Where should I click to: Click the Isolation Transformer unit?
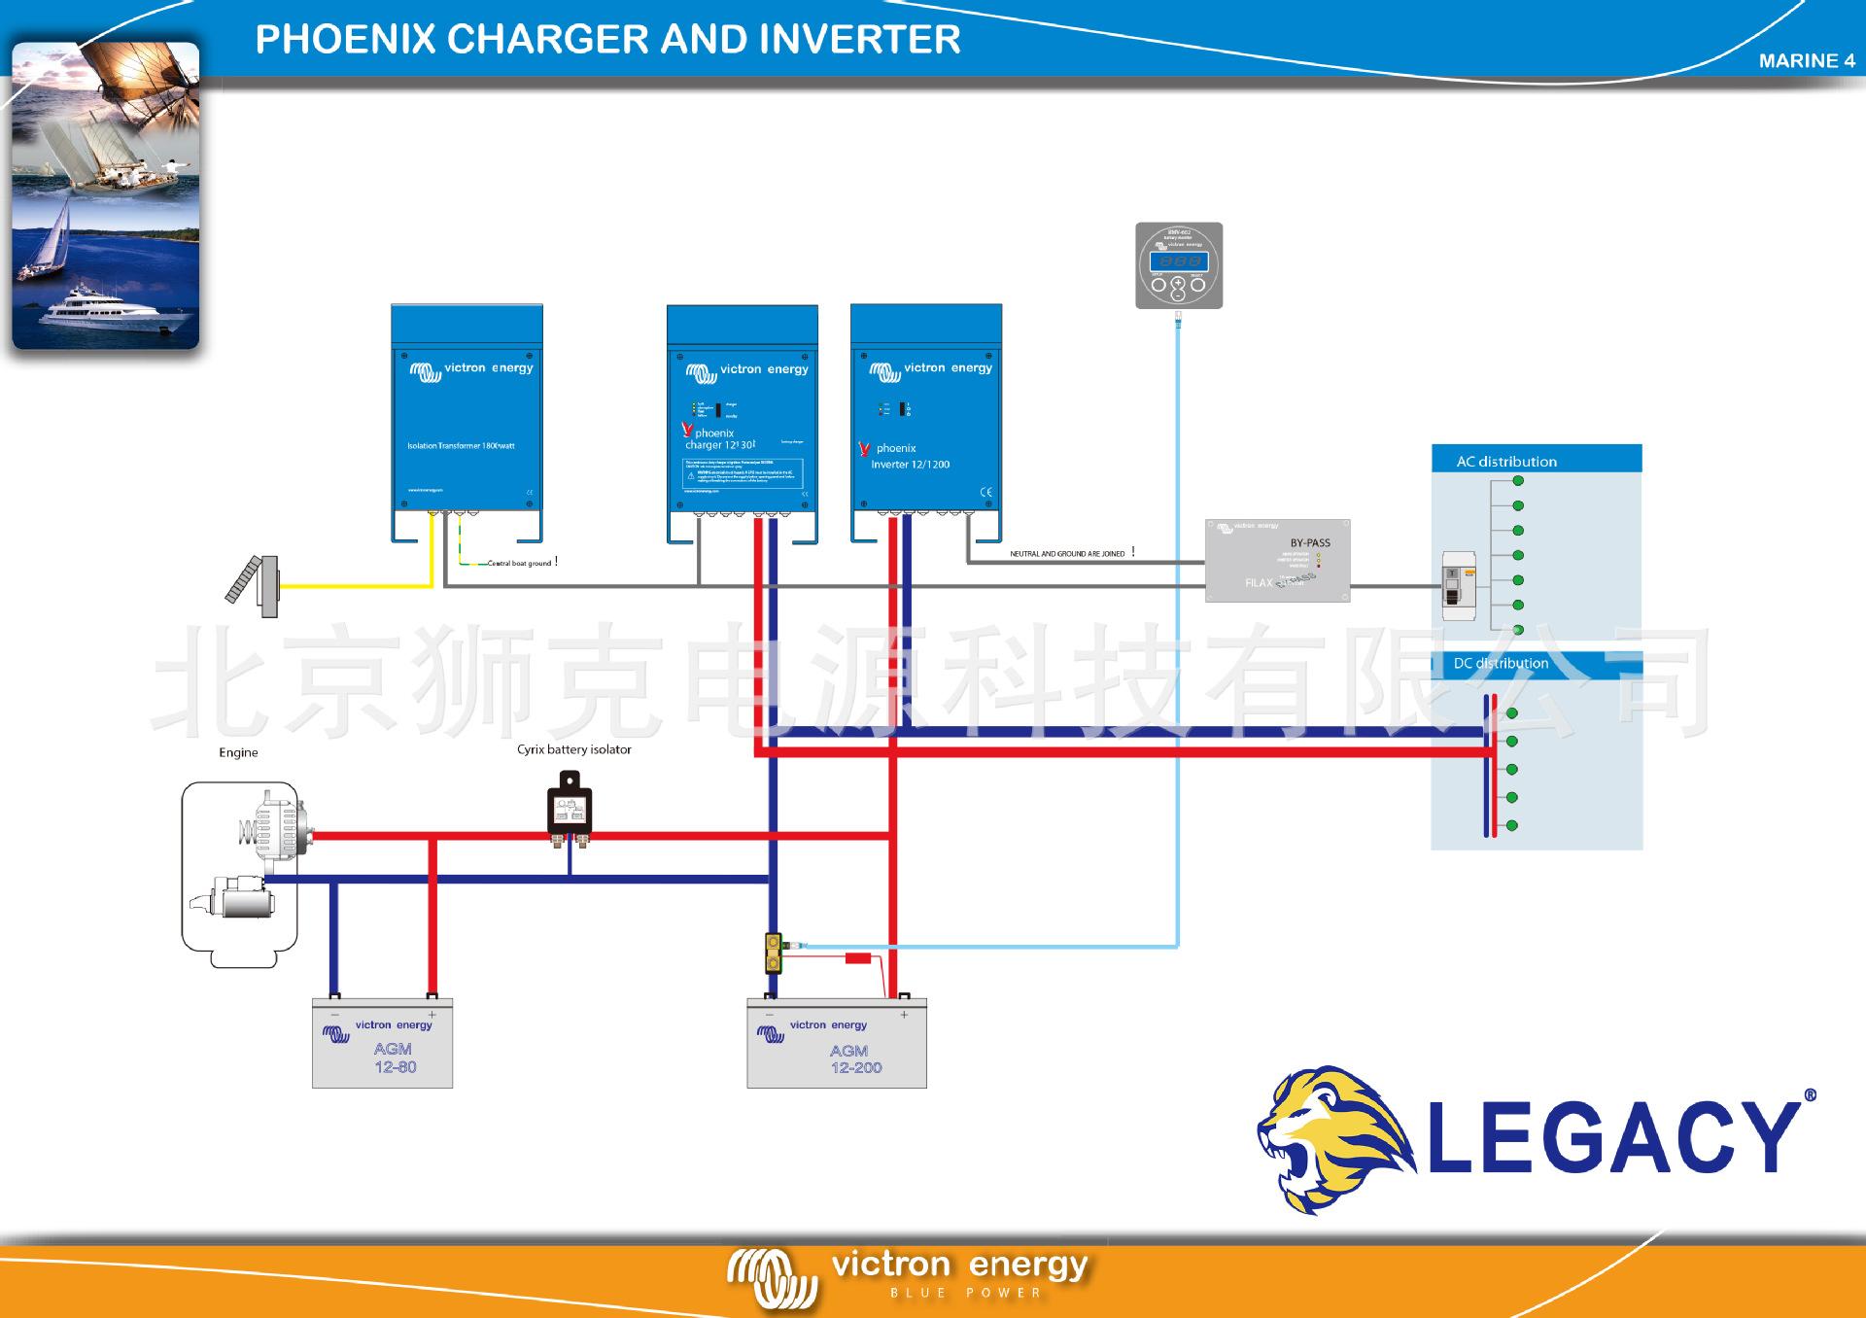(x=466, y=418)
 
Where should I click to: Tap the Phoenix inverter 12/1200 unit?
(x=925, y=418)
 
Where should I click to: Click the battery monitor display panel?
(x=1179, y=265)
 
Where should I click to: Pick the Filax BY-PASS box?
(x=1277, y=561)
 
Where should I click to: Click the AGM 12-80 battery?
(x=382, y=1044)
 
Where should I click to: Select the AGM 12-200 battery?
(x=836, y=1044)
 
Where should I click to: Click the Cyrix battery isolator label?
(x=573, y=749)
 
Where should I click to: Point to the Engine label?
(x=238, y=752)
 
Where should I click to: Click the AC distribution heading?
(x=1505, y=462)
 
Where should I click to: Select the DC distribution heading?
(x=1501, y=664)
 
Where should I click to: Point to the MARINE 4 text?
(x=1806, y=61)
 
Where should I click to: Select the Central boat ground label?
(x=520, y=564)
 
